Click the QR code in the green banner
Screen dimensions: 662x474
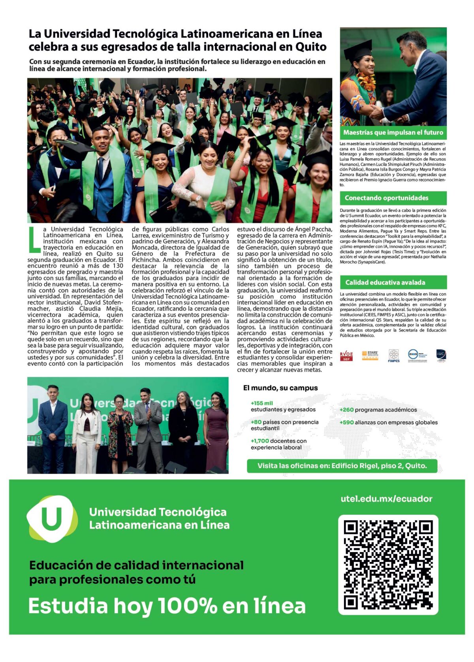388,565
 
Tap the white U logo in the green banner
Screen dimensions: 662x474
52,519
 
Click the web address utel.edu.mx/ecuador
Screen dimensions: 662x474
386,499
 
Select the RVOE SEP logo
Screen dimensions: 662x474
346,355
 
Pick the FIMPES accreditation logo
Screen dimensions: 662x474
393,355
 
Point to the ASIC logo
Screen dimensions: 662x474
441,355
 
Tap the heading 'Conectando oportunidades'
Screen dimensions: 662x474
386,198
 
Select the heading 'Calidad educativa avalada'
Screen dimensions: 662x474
385,282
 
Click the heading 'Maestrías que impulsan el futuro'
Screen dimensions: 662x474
393,133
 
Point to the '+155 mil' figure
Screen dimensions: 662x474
261,403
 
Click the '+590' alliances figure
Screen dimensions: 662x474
346,422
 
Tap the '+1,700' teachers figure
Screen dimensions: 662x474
260,441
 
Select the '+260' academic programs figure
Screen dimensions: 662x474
346,410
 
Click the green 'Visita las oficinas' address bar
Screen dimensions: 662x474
342,466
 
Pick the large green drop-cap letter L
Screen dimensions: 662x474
34,239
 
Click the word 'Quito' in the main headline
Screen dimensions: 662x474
311,47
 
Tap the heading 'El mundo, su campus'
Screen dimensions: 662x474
280,388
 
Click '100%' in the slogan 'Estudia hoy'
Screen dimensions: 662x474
187,606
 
